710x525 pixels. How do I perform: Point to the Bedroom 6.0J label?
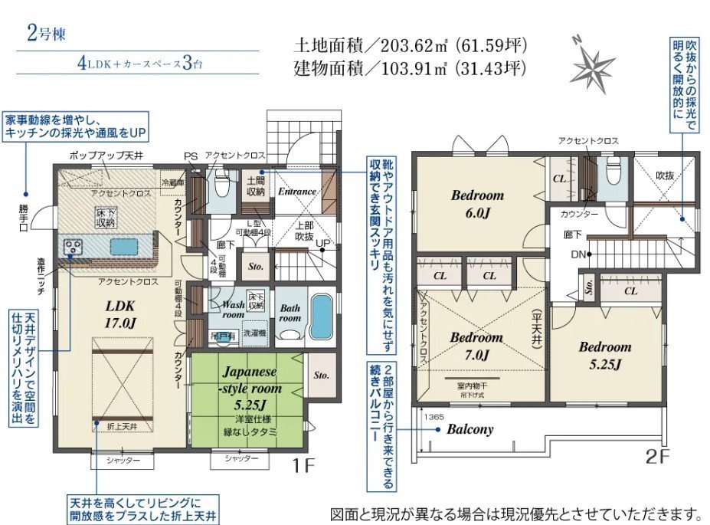tap(477, 204)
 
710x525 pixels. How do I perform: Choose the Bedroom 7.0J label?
tap(476, 346)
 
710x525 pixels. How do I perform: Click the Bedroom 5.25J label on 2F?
tap(604, 355)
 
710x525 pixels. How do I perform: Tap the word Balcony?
tap(470, 429)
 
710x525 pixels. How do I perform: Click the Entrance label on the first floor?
tap(296, 192)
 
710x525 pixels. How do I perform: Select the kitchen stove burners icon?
tap(74, 246)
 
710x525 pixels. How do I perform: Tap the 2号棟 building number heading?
tap(44, 33)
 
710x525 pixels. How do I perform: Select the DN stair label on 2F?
tap(579, 254)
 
